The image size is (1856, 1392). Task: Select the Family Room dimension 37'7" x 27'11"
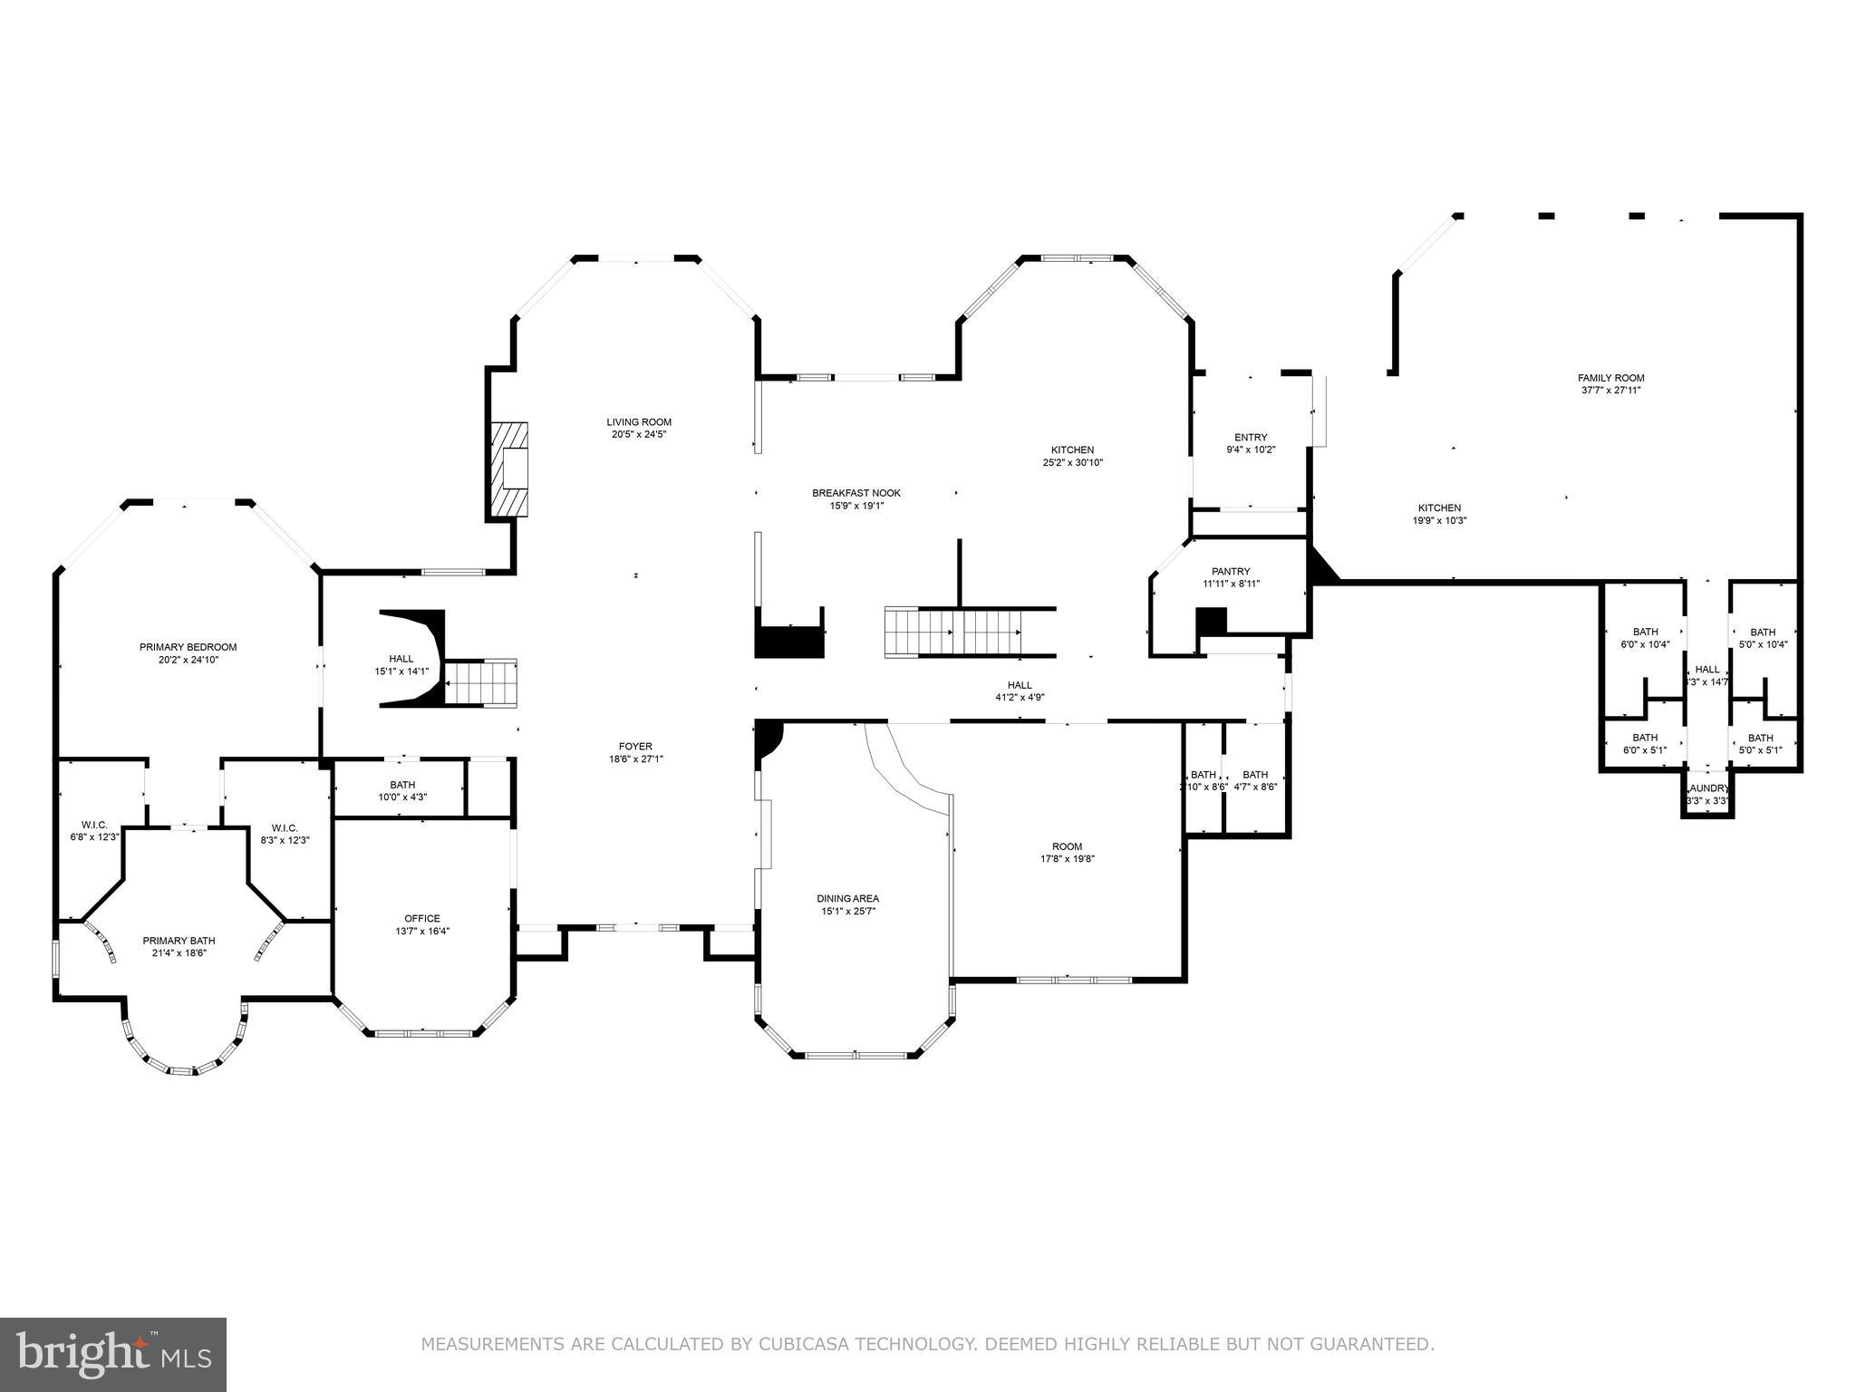(1610, 391)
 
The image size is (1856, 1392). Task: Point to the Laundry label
(1707, 788)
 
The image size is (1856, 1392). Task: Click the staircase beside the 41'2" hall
(953, 632)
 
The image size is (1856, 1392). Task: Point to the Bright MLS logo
(113, 1354)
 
